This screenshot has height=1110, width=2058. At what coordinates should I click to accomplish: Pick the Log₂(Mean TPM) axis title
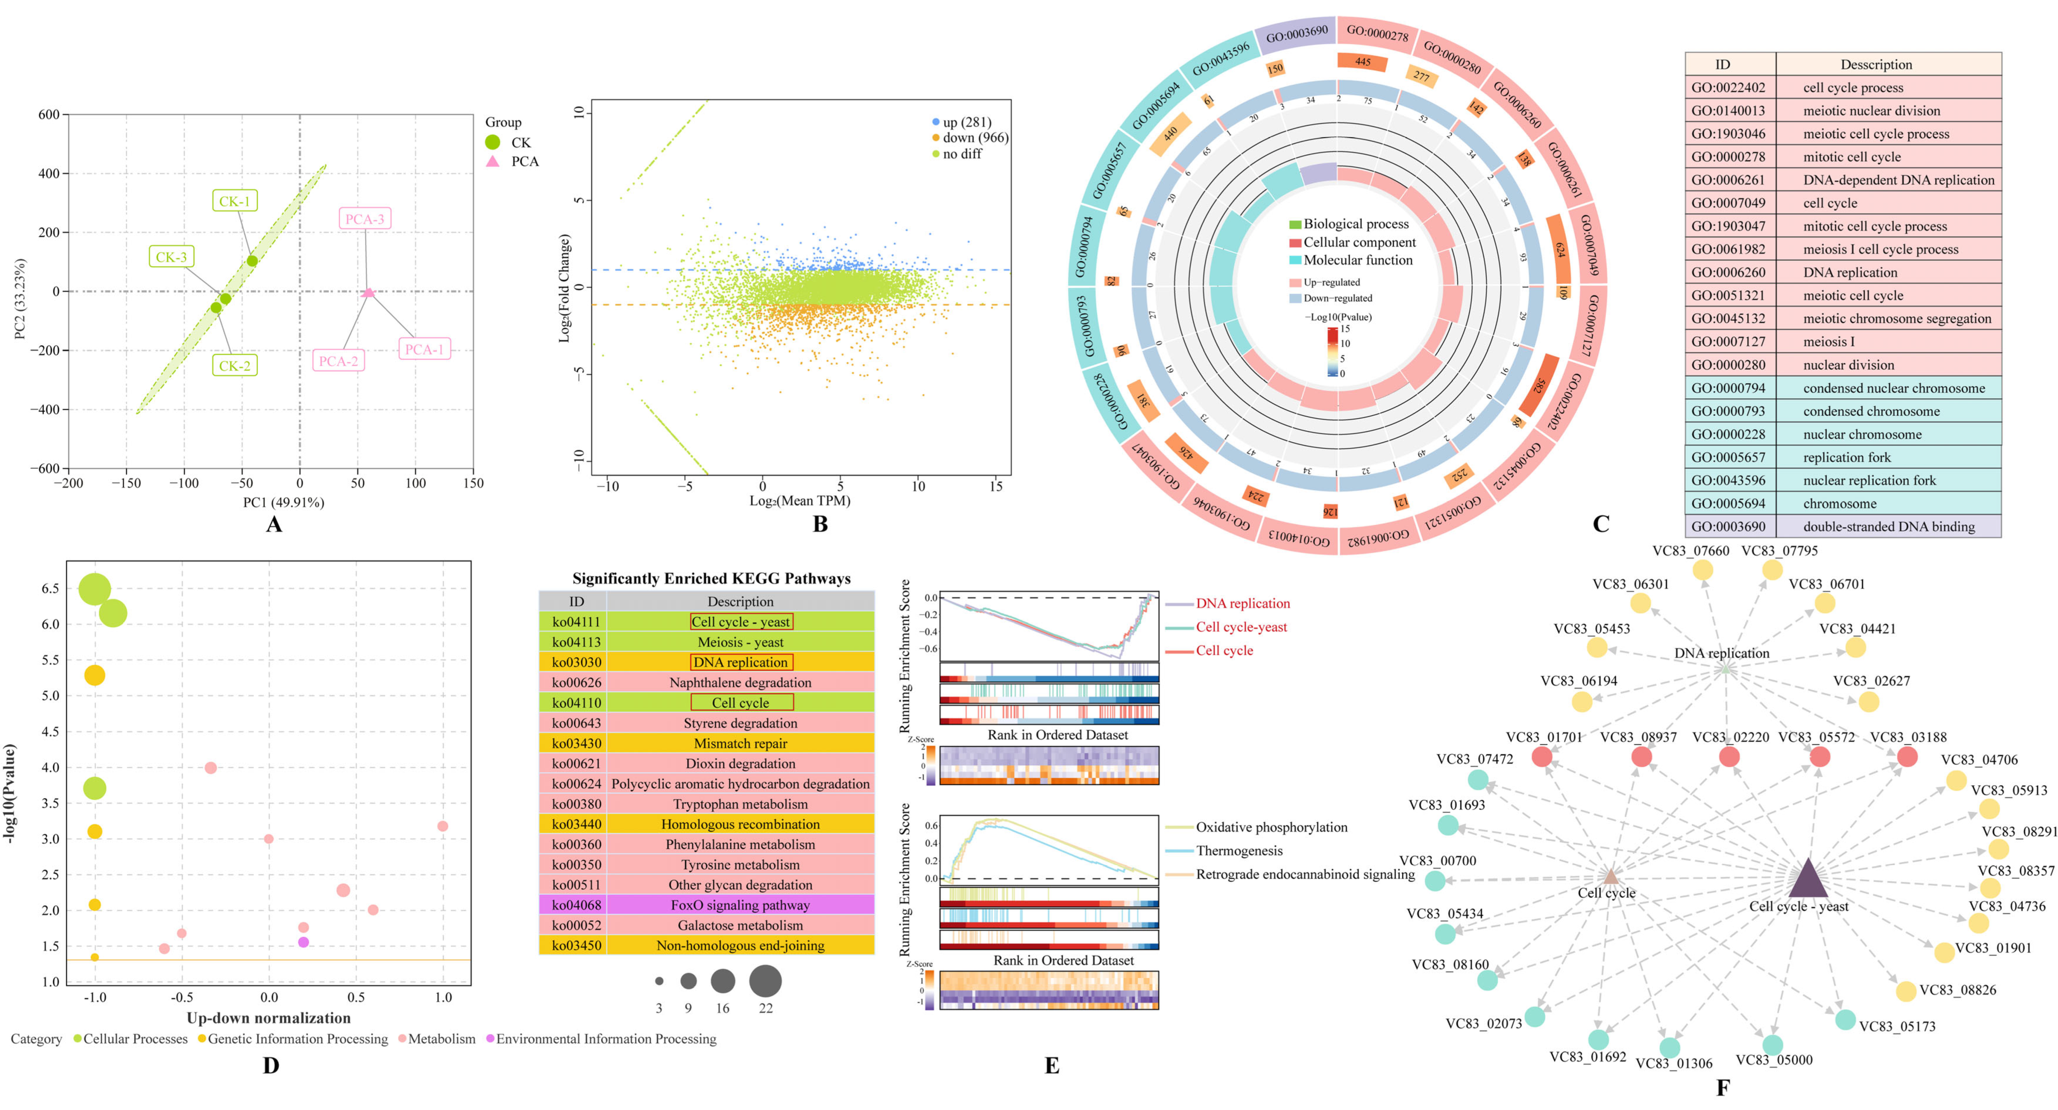tap(800, 501)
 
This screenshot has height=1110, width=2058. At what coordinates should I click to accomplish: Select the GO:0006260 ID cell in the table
tap(1727, 272)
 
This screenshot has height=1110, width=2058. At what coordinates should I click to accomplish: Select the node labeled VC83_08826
tap(1906, 991)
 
